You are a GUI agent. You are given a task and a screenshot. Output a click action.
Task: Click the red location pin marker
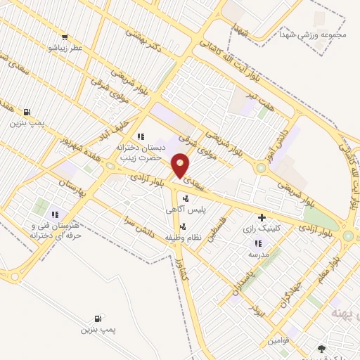pos(181,165)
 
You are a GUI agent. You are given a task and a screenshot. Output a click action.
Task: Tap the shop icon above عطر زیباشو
pos(65,37)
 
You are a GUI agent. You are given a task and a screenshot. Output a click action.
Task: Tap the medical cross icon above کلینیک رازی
pos(262,217)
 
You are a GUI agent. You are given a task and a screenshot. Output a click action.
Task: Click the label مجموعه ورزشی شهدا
pos(303,34)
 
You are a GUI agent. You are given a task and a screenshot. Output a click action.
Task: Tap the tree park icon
pos(321,348)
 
